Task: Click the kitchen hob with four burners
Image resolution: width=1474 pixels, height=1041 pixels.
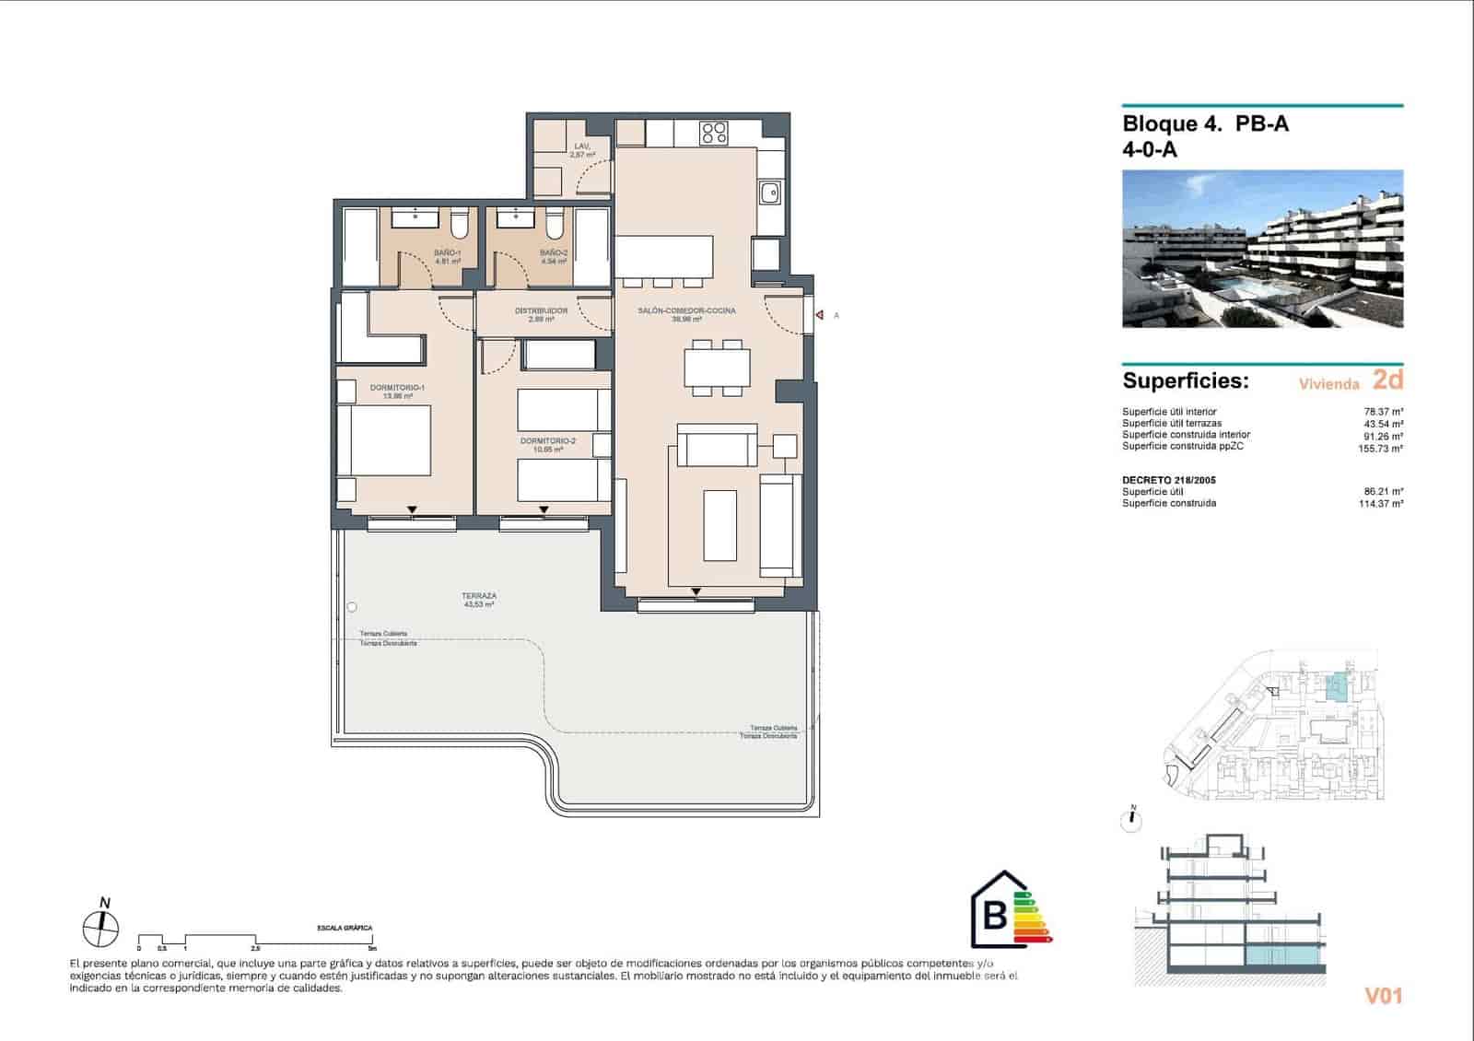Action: pyautogui.click(x=714, y=133)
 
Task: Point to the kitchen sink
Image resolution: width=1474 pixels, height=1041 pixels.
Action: pyautogui.click(x=769, y=193)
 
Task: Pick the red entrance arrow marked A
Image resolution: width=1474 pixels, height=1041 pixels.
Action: pyautogui.click(x=819, y=316)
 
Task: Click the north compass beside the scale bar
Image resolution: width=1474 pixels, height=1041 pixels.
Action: pyautogui.click(x=100, y=927)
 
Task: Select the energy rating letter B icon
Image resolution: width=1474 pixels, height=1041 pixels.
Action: pyautogui.click(x=996, y=915)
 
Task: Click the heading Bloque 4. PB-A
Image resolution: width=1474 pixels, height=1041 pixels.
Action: pyautogui.click(x=1205, y=123)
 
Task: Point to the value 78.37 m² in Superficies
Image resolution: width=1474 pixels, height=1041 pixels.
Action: pyautogui.click(x=1383, y=412)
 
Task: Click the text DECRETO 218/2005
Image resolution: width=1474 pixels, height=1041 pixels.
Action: pyautogui.click(x=1168, y=480)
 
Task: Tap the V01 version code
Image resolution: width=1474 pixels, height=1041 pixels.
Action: pyautogui.click(x=1382, y=996)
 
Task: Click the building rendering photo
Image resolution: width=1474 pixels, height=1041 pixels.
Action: pyautogui.click(x=1262, y=249)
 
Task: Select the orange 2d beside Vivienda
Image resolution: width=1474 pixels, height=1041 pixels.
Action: pyautogui.click(x=1387, y=379)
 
